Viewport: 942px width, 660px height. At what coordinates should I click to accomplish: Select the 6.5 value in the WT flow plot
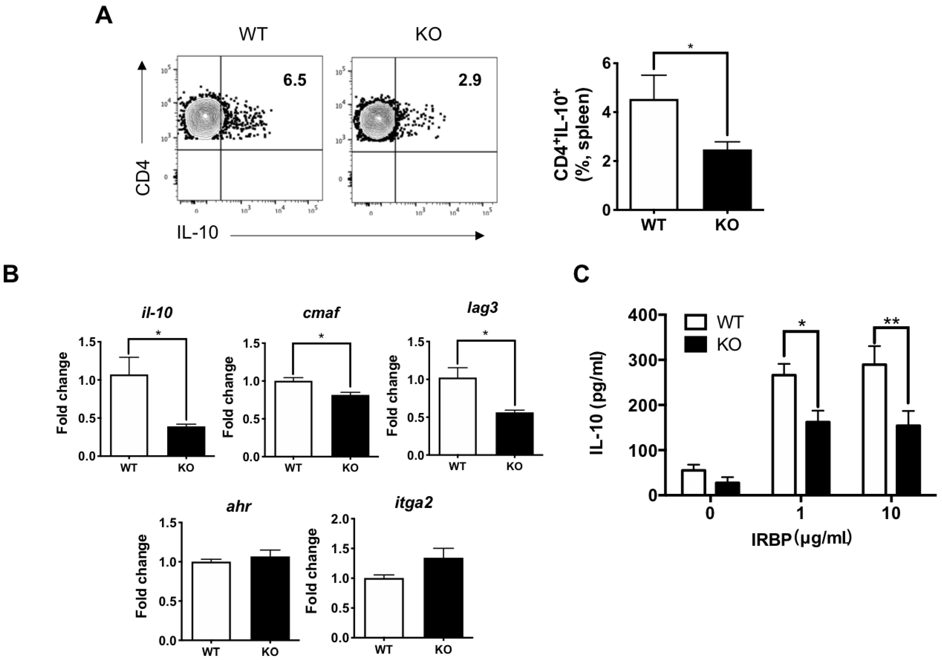click(x=295, y=80)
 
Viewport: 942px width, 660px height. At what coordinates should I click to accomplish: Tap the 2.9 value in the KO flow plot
click(x=470, y=80)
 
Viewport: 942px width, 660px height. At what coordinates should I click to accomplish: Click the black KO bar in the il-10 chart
click(x=186, y=441)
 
